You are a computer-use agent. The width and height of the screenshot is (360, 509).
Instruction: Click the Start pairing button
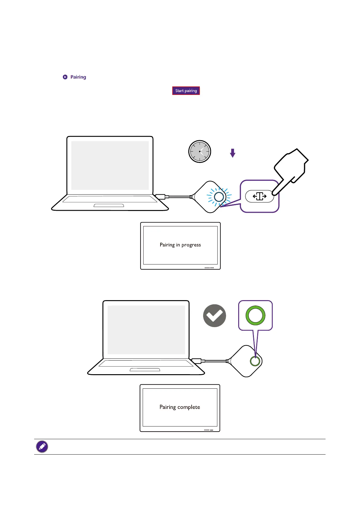coord(186,91)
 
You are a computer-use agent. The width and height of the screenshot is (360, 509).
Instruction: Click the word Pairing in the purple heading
coord(78,77)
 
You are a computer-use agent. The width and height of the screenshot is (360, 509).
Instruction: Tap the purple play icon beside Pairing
coord(65,77)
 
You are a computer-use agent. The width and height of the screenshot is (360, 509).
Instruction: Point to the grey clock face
coord(199,151)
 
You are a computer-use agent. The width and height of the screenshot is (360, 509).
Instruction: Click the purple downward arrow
coord(232,153)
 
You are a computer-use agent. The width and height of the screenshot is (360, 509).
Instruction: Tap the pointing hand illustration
coord(291,171)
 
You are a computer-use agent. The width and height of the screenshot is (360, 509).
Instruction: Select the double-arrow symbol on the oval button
coord(260,196)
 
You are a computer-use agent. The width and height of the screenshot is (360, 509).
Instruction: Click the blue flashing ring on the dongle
coord(219,197)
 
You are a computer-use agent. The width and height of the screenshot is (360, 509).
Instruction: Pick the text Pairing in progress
coord(180,245)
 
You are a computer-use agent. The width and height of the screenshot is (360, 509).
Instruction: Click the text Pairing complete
coord(180,407)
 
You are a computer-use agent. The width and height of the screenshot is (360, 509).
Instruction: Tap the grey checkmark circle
coord(214,316)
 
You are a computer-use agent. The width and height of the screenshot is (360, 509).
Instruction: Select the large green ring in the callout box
coord(255,315)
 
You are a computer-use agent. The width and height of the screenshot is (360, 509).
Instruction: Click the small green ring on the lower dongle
coord(255,361)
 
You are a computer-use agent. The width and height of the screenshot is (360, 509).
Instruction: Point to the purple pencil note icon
coord(42,446)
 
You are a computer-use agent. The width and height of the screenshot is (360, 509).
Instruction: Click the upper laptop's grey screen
coord(110,165)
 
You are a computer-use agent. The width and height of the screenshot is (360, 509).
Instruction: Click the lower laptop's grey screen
coord(146,330)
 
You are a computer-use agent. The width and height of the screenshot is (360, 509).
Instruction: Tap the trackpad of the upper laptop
coord(109,206)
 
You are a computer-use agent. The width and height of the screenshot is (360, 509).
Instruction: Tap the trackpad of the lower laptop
coord(145,370)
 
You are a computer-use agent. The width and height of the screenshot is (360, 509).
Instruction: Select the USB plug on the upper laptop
coord(161,197)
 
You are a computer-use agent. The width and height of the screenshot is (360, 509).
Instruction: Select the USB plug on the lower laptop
coord(197,361)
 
